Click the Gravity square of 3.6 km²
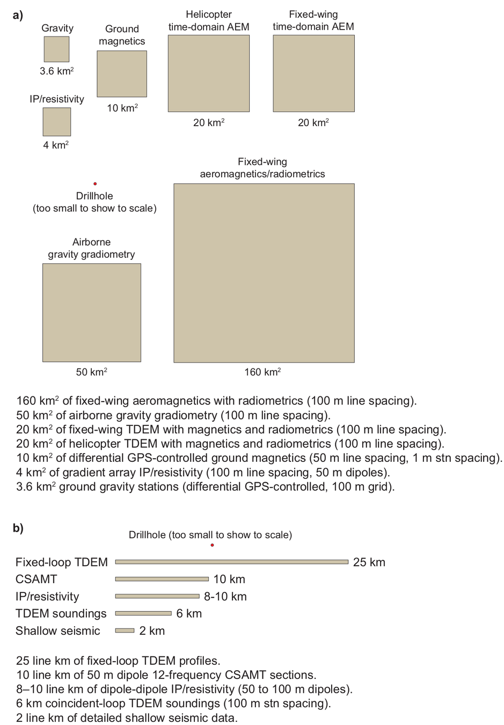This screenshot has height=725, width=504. pos(56,49)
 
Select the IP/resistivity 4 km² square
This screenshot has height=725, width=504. pos(57,122)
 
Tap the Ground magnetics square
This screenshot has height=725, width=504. pos(122,74)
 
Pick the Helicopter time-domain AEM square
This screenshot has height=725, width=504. pos(209,74)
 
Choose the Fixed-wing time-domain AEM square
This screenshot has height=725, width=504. pos(313,74)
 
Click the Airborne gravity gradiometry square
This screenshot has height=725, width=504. pos(92,313)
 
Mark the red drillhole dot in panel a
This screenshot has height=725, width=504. pos(95,184)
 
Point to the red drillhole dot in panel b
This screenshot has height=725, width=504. pos(213,545)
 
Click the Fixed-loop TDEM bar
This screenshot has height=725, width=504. pos(232,562)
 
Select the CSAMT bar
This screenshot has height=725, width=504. pos(162,579)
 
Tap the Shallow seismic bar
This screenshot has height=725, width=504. pos(125,630)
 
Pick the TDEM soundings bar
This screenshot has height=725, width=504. pos(143,613)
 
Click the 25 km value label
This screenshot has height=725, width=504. pos(369,562)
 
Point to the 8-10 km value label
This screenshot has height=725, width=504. pos(225,596)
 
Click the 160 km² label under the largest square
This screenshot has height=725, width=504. pos(262,372)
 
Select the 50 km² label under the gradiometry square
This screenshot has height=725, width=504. pos(91,372)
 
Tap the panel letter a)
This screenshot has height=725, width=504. pos(18,15)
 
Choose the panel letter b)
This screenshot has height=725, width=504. pos(18,528)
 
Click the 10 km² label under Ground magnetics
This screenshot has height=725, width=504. pos(122,108)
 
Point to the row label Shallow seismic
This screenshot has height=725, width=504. pos(58,630)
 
